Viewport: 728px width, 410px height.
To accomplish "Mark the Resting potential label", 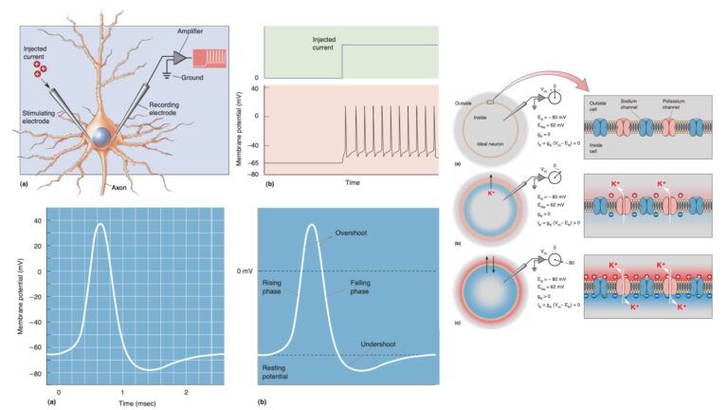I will pos(277,371).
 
